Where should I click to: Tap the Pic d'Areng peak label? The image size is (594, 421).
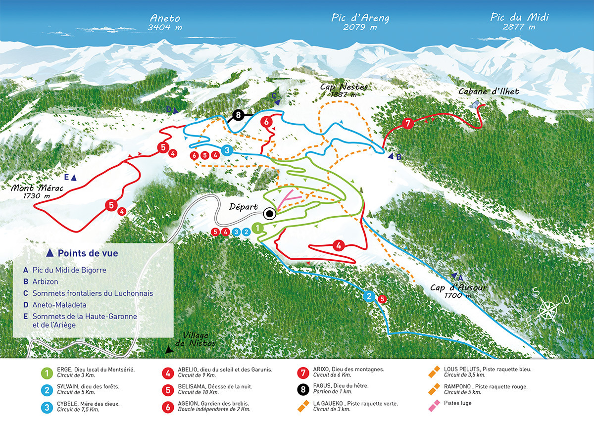pos(360,22)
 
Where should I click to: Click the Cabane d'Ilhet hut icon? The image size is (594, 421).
pos(476,104)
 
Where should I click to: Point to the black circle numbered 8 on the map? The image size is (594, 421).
pos(239,116)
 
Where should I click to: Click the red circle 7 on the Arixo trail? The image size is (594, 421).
pos(408,124)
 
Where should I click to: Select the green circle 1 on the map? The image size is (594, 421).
pos(257,228)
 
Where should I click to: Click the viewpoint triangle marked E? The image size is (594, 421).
pos(74,178)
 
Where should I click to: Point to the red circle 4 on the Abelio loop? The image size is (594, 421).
pos(339,245)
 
